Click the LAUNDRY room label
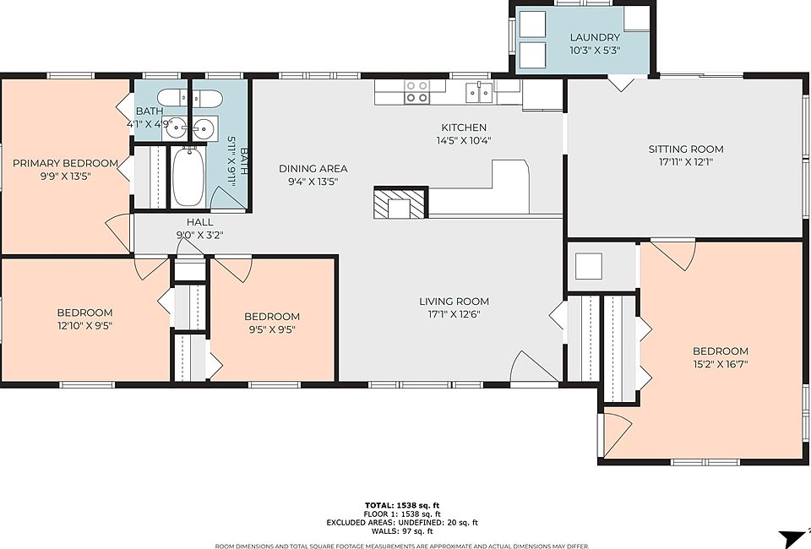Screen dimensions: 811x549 point(595,37)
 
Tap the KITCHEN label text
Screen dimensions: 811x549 point(464,128)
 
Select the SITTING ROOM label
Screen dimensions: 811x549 point(686,149)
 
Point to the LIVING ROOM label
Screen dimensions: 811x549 point(454,301)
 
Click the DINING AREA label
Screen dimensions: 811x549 point(313,169)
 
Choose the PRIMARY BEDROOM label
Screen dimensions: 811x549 point(66,163)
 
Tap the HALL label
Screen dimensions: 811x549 point(199,222)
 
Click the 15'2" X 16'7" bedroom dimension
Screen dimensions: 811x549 point(721,364)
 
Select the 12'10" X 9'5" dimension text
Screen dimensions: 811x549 point(84,326)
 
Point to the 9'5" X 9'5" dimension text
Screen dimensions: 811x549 point(272,329)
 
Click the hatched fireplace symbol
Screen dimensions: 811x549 point(400,203)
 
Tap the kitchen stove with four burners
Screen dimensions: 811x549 point(416,91)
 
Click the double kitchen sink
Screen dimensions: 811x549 point(479,93)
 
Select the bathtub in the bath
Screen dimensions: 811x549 point(188,177)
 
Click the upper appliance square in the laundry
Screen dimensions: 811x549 point(532,24)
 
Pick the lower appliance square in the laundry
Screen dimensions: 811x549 point(532,55)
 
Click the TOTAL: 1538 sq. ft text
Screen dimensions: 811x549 point(402,506)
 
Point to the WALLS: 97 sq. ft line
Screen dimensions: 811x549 point(402,531)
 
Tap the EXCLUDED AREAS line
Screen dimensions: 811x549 point(402,523)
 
